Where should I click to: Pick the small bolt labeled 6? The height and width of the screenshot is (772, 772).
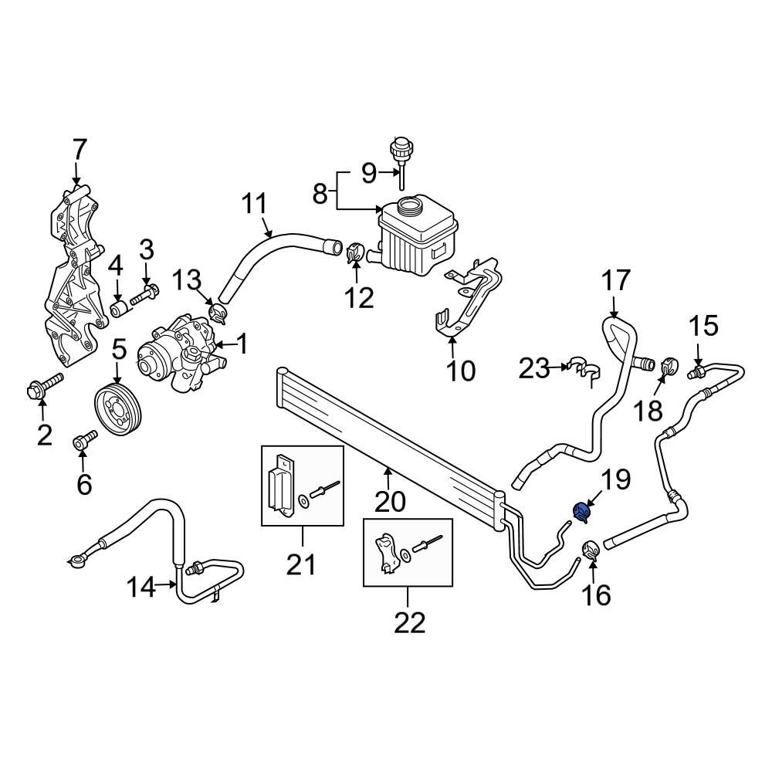click(84, 442)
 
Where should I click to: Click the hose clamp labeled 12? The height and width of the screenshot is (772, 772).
click(356, 252)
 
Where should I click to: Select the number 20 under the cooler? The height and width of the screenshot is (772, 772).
click(390, 502)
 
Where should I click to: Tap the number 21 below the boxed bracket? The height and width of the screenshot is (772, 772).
click(302, 565)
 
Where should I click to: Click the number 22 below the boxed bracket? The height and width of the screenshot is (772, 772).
click(408, 621)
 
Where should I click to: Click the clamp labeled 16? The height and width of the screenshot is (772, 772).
click(591, 550)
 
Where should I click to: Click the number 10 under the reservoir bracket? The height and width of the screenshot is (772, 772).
click(461, 371)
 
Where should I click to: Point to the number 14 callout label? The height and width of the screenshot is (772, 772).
click(141, 588)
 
